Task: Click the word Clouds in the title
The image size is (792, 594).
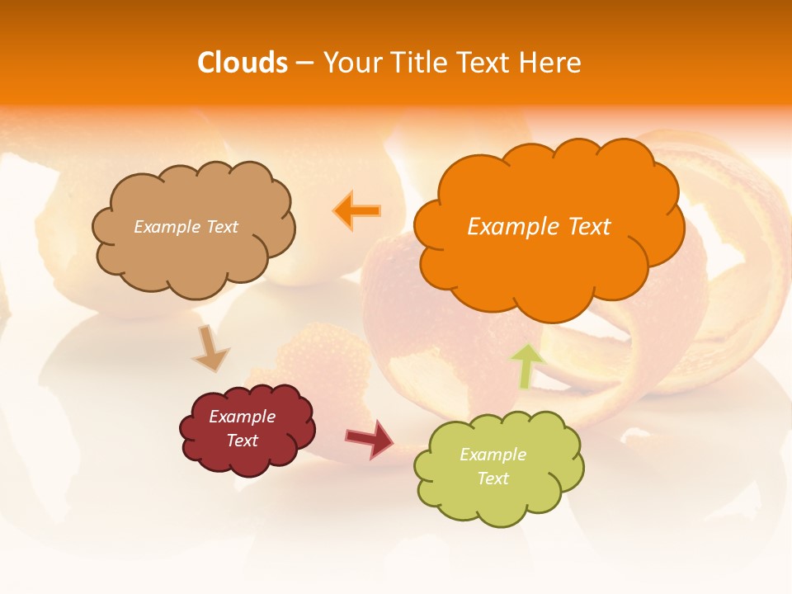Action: [x=243, y=63]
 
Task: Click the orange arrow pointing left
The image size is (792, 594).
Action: [x=356, y=210]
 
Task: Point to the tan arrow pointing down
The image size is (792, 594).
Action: [x=210, y=348]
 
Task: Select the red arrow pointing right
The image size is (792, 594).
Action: [x=369, y=438]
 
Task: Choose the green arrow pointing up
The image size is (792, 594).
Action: [x=526, y=365]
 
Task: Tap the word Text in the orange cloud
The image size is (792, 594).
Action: [x=589, y=227]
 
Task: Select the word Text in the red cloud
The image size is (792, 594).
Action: [x=243, y=441]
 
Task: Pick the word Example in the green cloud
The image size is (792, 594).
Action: [x=493, y=455]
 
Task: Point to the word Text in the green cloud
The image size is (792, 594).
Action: [x=493, y=478]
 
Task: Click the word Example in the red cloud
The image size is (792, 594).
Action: [x=243, y=417]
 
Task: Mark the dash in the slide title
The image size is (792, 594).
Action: [x=304, y=64]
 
